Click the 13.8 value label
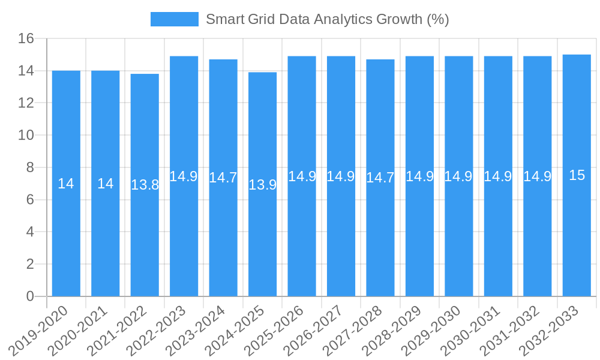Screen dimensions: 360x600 tap(145, 185)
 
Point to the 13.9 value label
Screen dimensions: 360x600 tap(262, 185)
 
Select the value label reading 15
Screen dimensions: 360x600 tap(577, 175)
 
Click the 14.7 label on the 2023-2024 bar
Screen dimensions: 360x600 tap(223, 178)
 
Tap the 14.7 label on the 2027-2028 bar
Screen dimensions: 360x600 tap(380, 178)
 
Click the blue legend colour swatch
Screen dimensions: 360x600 tap(174, 19)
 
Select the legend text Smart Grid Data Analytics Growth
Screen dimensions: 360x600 tap(327, 19)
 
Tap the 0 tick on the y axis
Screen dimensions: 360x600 tap(31, 296)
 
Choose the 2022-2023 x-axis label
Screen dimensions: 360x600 tap(163, 329)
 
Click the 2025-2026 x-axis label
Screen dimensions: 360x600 tap(280, 329)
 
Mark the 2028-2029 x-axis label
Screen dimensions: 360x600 tap(398, 329)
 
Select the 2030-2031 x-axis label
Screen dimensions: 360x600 tap(477, 329)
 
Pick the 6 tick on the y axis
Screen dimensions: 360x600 tap(31, 200)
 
